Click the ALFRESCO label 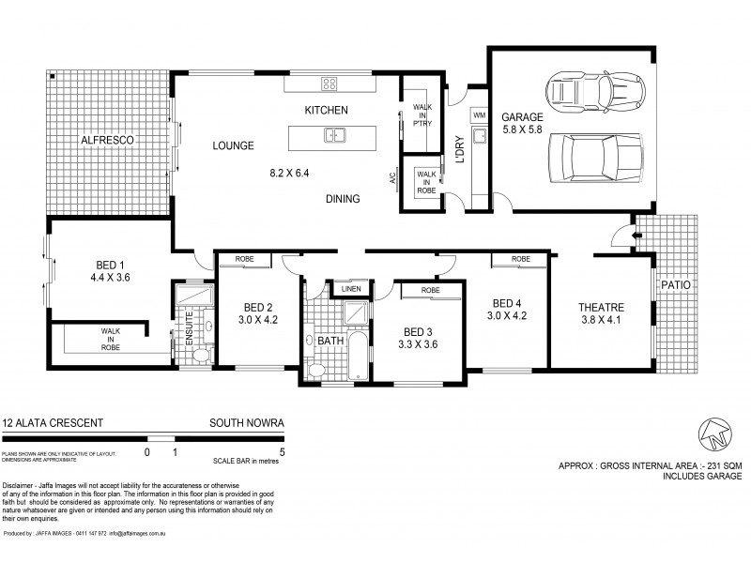tap(109, 140)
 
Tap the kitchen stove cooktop tap(330, 84)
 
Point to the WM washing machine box tap(479, 114)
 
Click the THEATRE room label tap(601, 307)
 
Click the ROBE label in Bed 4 tap(522, 259)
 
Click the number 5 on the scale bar tap(282, 452)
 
